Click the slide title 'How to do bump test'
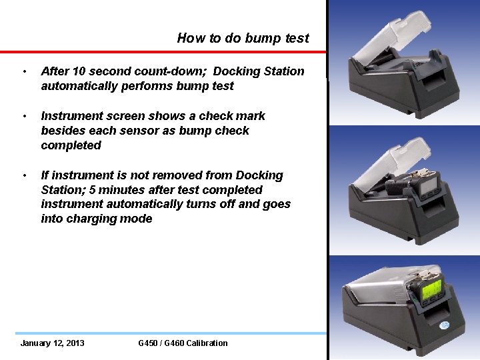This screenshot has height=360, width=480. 243,38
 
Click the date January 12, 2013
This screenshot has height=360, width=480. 52,343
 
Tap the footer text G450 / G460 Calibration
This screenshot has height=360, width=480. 183,343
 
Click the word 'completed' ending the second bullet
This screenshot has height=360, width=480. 71,145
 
